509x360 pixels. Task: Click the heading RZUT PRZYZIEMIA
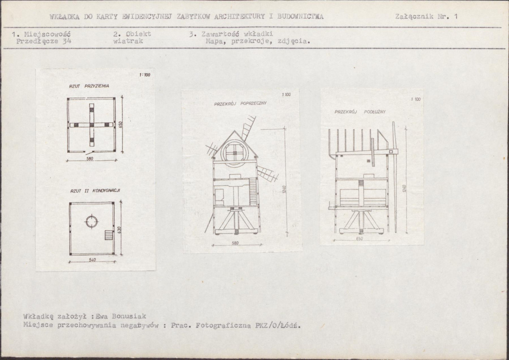pos(89,86)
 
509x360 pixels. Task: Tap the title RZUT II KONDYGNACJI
pos(95,191)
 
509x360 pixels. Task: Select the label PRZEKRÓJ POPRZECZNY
pos(240,104)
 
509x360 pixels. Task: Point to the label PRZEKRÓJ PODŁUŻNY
pos(360,112)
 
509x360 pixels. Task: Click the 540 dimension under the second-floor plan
pos(92,260)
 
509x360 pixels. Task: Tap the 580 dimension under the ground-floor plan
pos(90,159)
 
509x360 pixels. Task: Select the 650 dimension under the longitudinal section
pos(359,239)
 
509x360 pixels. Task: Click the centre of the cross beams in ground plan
pos(92,125)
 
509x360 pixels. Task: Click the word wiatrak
pos(128,41)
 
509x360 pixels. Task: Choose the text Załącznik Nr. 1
pos(426,17)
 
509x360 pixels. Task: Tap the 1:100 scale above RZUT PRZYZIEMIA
pos(145,75)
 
